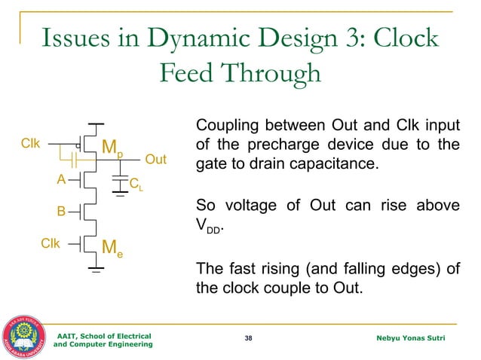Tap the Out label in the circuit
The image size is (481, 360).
point(155,160)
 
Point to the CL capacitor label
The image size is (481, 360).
point(136,183)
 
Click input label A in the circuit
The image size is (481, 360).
point(62,180)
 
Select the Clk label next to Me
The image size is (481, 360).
point(49,243)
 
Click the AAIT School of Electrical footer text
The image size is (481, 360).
point(104,335)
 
